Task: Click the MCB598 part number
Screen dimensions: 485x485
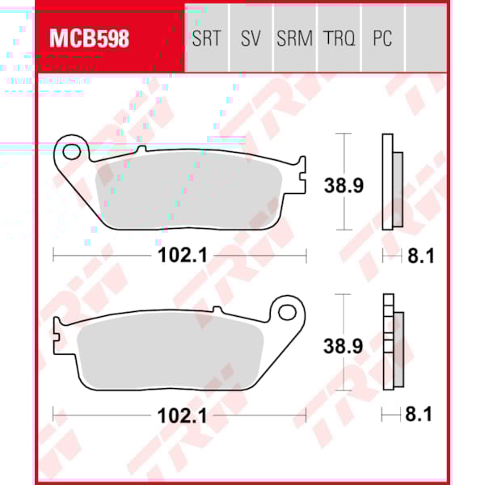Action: pos(89,38)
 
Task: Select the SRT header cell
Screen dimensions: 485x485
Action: pos(206,39)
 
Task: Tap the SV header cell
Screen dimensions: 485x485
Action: pos(251,39)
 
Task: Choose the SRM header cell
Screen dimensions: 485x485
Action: pos(294,39)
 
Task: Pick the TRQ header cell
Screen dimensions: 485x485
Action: pos(339,39)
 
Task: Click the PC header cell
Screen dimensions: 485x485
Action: pos(382,39)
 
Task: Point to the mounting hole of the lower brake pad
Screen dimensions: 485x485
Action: pos(286,310)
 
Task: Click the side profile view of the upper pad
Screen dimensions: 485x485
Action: pos(391,185)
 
